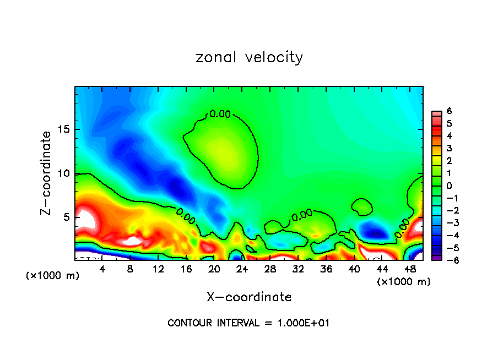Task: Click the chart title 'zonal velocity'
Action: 248,57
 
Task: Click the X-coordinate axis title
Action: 249,297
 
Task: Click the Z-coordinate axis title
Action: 48,173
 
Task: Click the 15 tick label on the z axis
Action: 64,130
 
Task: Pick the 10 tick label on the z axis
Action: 64,173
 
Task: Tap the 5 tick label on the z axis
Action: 67,217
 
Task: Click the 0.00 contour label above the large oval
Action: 220,114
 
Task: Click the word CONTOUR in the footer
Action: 187,323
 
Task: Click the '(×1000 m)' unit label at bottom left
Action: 53,276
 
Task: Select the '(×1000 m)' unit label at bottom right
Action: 403,282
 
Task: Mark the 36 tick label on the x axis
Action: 326,269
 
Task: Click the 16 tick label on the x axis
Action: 186,269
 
